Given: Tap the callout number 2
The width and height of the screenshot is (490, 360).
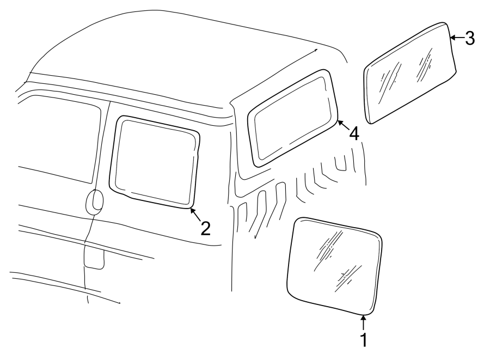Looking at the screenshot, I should pos(205,228).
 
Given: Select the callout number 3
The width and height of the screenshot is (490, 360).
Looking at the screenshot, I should pos(470,38).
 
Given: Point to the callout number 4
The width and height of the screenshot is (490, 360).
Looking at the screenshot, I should pos(354,133).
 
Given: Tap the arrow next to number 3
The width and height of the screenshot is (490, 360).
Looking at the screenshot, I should pos(457,37).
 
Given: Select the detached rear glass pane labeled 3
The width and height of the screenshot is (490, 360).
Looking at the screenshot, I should pos(409,73).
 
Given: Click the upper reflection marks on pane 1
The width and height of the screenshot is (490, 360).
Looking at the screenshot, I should pos(332,245).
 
